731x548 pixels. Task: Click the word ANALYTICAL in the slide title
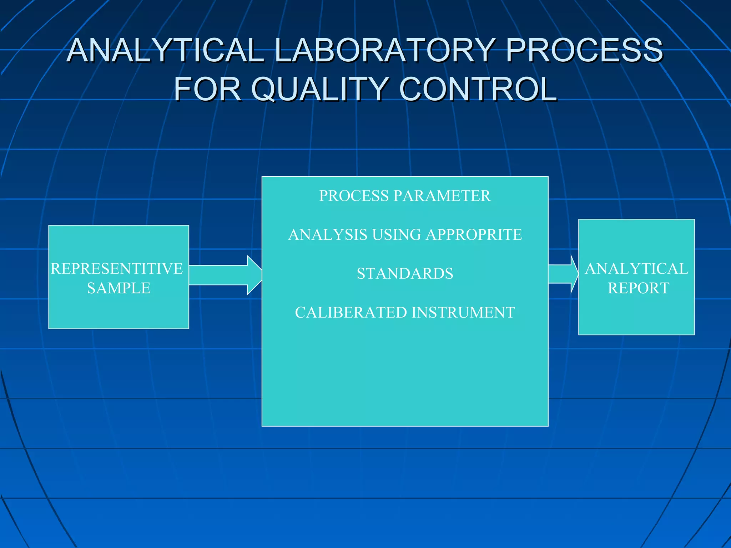click(x=165, y=50)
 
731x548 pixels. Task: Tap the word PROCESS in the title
click(x=584, y=50)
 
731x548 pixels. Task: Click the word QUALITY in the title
click(x=319, y=89)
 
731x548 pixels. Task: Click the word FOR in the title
click(x=207, y=89)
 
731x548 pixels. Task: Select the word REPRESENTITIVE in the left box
click(x=117, y=269)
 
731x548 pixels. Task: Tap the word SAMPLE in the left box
click(x=119, y=288)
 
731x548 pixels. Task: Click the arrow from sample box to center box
click(x=225, y=275)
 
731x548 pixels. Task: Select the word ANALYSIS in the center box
click(x=328, y=235)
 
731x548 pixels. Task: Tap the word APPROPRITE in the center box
click(x=474, y=235)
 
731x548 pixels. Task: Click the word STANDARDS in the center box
click(x=405, y=274)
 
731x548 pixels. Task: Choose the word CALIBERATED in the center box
click(x=351, y=313)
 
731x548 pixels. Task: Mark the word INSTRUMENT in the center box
click(x=463, y=313)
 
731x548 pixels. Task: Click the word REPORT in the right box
click(x=638, y=288)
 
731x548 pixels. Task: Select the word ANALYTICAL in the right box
click(x=636, y=269)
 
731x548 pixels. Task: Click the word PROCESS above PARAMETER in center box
click(x=354, y=196)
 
